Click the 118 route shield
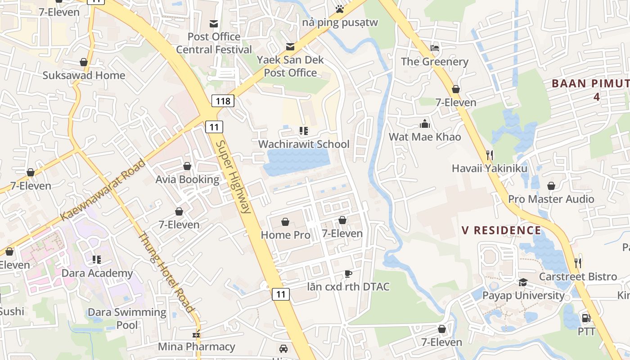pos(223,101)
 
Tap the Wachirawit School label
pos(304,144)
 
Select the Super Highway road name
pos(233,176)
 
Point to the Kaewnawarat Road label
pos(103,189)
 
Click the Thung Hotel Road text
pos(166,272)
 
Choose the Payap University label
pos(523,295)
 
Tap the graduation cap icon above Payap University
pos(523,282)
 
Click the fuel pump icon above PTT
pos(586,318)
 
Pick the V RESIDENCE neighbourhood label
pos(501,230)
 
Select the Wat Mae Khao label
pos(425,137)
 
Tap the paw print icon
pos(340,9)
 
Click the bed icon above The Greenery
pos(435,48)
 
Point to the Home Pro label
pos(285,235)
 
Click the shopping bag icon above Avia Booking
pos(187,166)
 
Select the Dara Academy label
pos(97,273)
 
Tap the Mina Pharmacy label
pos(196,346)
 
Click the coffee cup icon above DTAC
pos(348,274)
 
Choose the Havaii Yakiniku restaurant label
pos(490,168)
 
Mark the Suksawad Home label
pos(84,75)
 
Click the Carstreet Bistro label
pos(578,276)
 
